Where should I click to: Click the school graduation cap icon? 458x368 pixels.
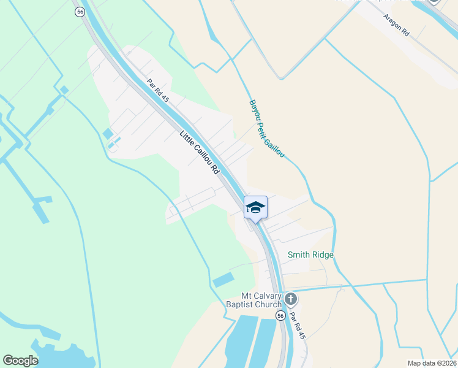[x=255, y=207]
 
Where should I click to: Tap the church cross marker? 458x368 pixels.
[x=291, y=299]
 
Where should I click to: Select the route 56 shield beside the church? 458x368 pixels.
[x=280, y=315]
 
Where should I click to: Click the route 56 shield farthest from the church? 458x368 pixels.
[x=80, y=12]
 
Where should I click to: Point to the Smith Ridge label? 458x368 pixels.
[x=310, y=255]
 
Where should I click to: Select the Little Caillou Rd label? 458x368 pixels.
[x=200, y=153]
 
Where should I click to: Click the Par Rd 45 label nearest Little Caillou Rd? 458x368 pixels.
[x=157, y=90]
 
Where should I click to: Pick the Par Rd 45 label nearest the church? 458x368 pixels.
[x=297, y=326]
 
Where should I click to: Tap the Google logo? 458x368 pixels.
[x=20, y=361]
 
